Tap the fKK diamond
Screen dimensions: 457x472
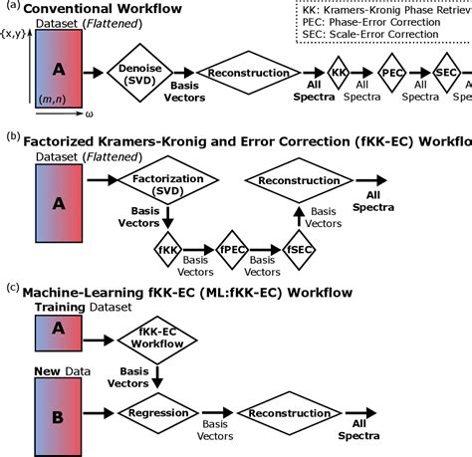pos(168,249)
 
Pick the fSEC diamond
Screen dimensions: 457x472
pos(298,249)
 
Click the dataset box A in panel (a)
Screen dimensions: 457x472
pos(60,72)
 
